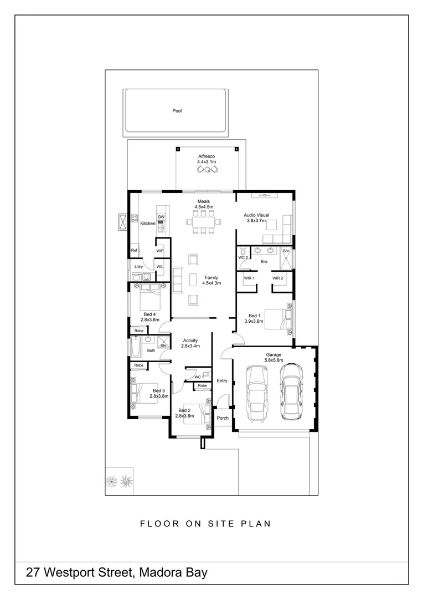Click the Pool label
tap(177, 111)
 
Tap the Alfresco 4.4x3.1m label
tap(207, 159)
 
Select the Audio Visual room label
tap(256, 217)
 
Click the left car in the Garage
tap(256, 394)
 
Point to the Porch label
tap(223, 418)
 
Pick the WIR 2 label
tap(277, 278)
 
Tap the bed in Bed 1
tap(276, 318)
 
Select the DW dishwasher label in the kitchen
tap(161, 217)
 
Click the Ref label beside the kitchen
tap(134, 251)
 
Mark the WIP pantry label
tap(160, 251)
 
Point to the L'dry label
tap(138, 267)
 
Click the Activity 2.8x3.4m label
tap(190, 343)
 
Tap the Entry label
tap(222, 380)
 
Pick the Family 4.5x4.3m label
tap(211, 280)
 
